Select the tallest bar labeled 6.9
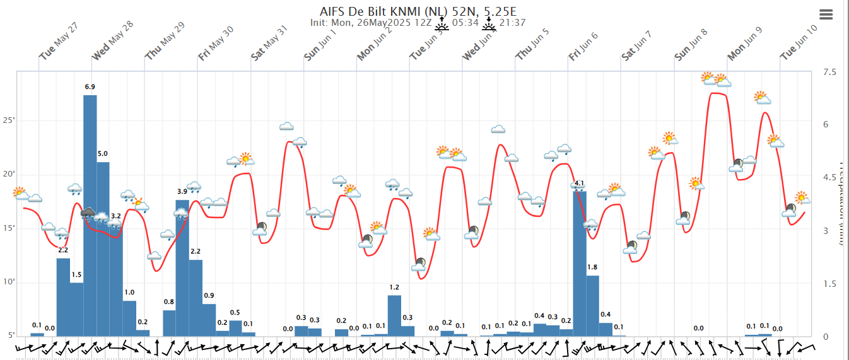[90, 214]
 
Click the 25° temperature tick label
[8, 120]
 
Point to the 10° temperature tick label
[8, 282]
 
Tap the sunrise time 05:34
[465, 23]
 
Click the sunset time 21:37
[513, 23]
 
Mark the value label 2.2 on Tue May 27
[63, 250]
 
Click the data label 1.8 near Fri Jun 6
[592, 267]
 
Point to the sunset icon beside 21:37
[489, 23]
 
